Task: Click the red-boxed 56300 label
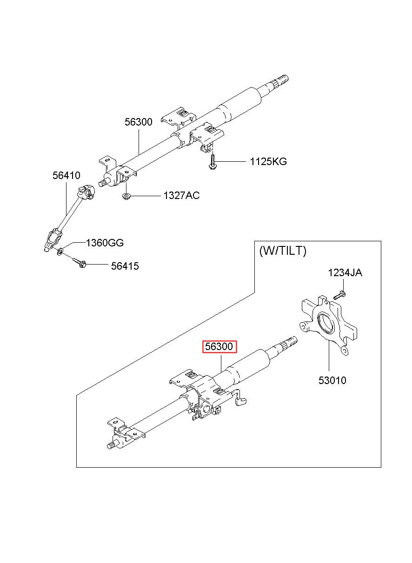(219, 347)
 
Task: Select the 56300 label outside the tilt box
(139, 122)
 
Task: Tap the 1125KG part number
(268, 161)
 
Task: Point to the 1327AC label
(181, 195)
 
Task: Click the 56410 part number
(66, 175)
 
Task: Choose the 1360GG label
(105, 243)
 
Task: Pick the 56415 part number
(125, 266)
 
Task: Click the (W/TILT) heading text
(283, 251)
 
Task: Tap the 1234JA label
(345, 273)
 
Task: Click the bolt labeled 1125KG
(213, 163)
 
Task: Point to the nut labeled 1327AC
(126, 196)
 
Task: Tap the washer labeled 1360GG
(60, 251)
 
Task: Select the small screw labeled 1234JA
(339, 295)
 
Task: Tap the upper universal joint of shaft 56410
(86, 192)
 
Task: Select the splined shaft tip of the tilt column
(290, 342)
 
